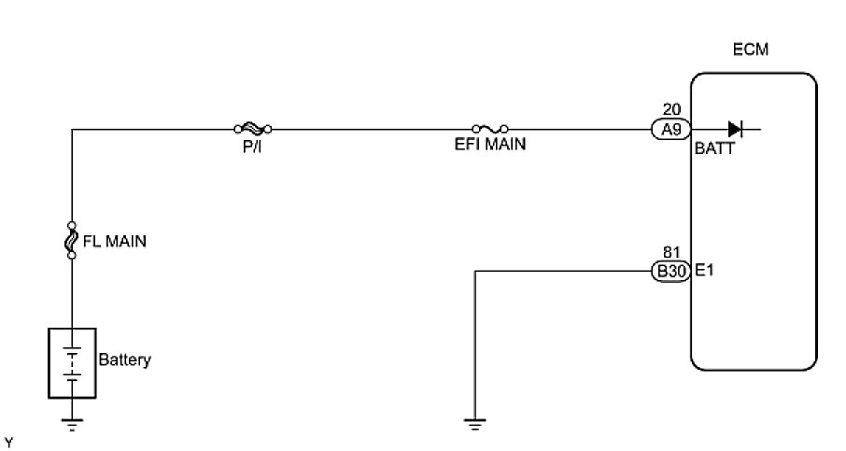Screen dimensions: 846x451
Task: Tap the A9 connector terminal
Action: (x=670, y=130)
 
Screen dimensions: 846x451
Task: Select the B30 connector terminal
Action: (x=670, y=272)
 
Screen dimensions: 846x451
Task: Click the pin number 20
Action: (x=670, y=109)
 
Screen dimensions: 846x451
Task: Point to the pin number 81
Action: (x=670, y=252)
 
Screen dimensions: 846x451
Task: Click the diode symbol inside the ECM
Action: (x=735, y=130)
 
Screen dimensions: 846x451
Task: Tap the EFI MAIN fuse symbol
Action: (x=490, y=129)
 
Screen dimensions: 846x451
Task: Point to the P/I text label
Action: (x=252, y=147)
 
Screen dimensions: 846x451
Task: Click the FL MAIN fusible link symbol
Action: (x=72, y=240)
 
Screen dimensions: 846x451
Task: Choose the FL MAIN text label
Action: (x=116, y=241)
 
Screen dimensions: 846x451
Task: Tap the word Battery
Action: (x=124, y=359)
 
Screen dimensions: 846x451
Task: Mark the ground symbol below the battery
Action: (x=72, y=425)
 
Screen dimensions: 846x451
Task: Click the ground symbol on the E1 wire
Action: (x=476, y=425)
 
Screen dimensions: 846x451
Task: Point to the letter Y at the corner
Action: (x=8, y=438)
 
